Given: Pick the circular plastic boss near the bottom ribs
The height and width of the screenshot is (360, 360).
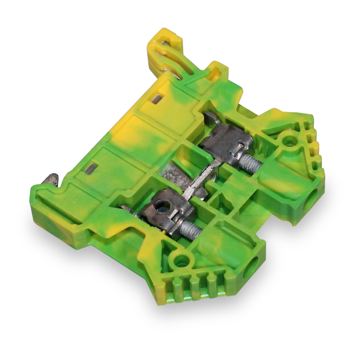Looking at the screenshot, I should click(181, 260).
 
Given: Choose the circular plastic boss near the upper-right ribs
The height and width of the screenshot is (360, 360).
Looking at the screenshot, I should click(289, 138).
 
